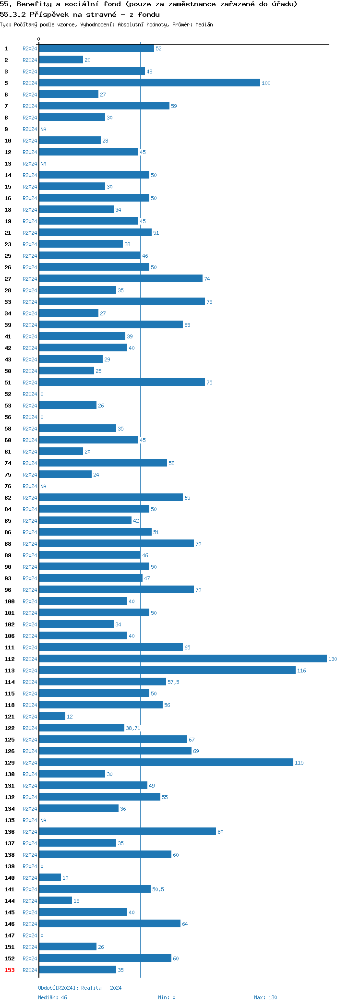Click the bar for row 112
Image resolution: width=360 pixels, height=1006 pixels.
pyautogui.click(x=182, y=659)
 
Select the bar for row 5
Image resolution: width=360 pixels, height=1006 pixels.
pyautogui.click(x=149, y=83)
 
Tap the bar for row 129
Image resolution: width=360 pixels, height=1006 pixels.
pyautogui.click(x=166, y=763)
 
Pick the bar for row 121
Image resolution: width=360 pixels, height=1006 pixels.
pyautogui.click(x=52, y=717)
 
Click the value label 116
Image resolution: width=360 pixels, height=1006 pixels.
pyautogui.click(x=301, y=671)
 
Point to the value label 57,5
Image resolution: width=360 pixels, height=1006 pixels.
pyautogui.click(x=173, y=683)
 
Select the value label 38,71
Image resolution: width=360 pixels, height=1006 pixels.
pyautogui.click(x=133, y=729)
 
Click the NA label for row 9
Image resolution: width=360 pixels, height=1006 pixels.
pyautogui.click(x=44, y=130)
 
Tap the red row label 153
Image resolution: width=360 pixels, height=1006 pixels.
pyautogui.click(x=10, y=970)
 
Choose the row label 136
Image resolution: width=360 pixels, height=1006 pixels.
pyautogui.click(x=10, y=832)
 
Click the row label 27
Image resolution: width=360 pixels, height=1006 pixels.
pyautogui.click(x=8, y=279)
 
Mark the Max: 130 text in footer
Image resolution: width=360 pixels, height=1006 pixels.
pyautogui.click(x=265, y=997)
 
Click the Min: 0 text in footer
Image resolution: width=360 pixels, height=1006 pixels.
pyautogui.click(x=167, y=997)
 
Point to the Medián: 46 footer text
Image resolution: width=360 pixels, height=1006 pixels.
pyautogui.click(x=53, y=997)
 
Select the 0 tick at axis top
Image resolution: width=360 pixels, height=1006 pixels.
pyautogui.click(x=39, y=39)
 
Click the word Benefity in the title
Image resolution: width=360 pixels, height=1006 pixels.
pyautogui.click(x=35, y=4)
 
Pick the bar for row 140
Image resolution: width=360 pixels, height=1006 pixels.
pyautogui.click(x=50, y=878)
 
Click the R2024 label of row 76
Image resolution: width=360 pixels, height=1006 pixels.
pyautogui.click(x=30, y=486)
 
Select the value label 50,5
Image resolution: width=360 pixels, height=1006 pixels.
pyautogui.click(x=158, y=890)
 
